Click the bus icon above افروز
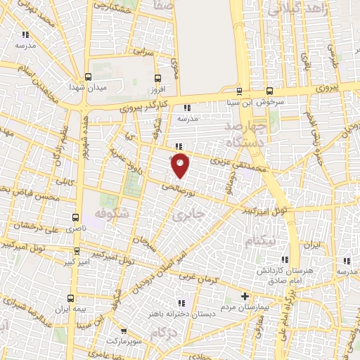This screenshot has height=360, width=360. point(156,77)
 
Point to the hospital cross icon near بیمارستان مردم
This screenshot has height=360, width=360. point(245,295)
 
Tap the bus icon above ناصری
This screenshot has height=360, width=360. point(76,217)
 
